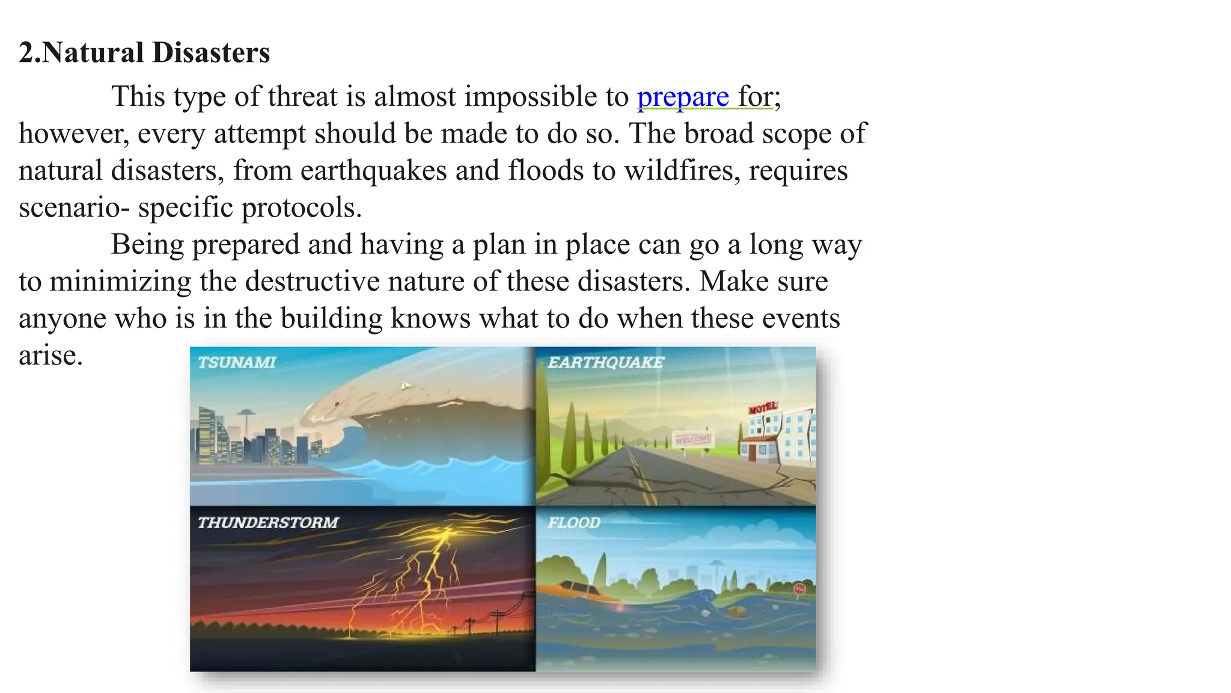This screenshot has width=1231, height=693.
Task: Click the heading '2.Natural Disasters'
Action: click(x=144, y=52)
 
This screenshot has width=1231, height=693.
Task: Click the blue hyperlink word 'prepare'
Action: click(x=683, y=97)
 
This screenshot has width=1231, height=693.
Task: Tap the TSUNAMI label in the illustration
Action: click(x=237, y=363)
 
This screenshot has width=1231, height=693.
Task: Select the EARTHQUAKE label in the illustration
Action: click(x=605, y=363)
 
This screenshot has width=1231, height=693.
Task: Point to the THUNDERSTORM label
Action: click(x=268, y=523)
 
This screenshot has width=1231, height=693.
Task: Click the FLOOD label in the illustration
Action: click(x=573, y=523)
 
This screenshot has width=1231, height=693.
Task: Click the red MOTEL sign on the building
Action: click(x=763, y=408)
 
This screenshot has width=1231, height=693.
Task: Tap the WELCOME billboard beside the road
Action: click(x=692, y=440)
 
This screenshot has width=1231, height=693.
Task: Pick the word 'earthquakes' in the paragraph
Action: click(x=373, y=171)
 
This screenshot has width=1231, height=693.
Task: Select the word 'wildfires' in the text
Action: click(x=682, y=171)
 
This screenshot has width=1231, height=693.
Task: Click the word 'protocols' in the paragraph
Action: click(x=301, y=208)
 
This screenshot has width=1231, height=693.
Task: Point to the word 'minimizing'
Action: click(x=120, y=282)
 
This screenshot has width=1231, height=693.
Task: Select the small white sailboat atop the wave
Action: click(x=405, y=384)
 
